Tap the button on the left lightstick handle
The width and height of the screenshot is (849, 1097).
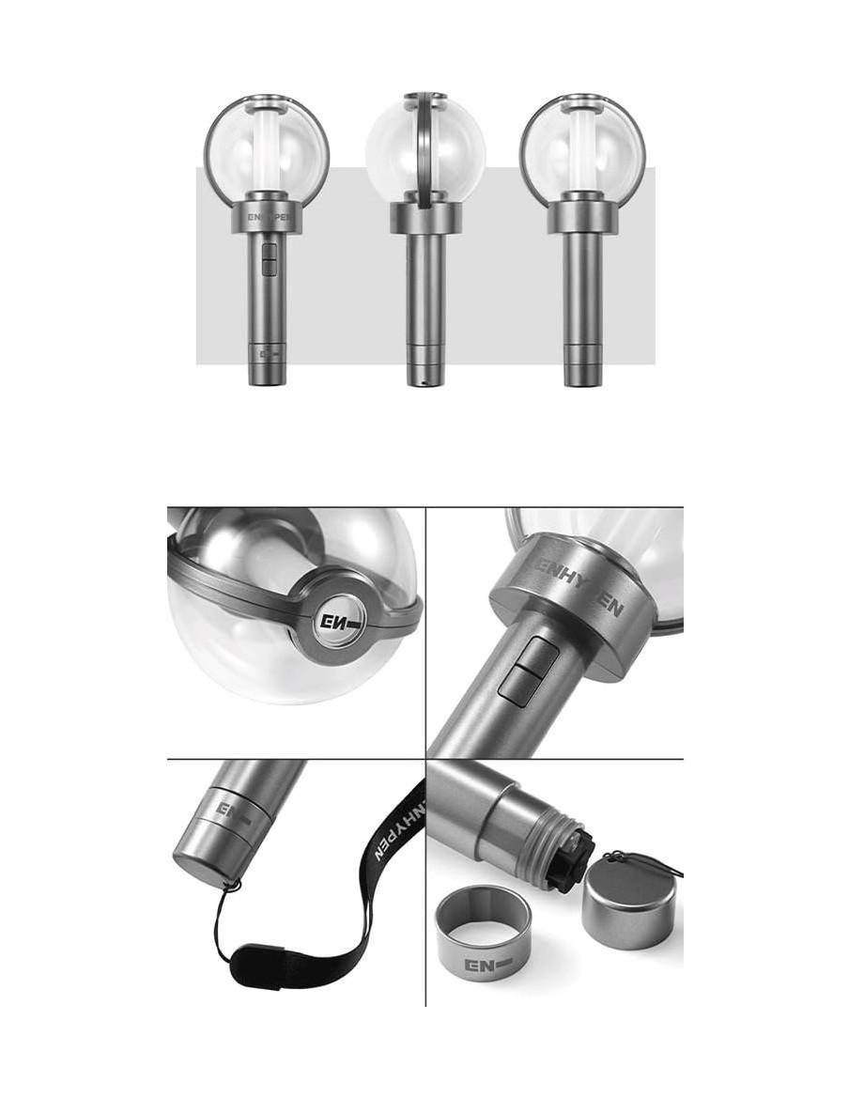click(269, 259)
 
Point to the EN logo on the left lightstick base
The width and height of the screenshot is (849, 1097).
click(266, 356)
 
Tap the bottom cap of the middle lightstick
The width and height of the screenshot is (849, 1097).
click(425, 370)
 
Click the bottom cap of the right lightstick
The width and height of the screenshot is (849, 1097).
click(582, 370)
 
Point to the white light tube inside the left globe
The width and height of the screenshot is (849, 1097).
click(267, 150)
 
